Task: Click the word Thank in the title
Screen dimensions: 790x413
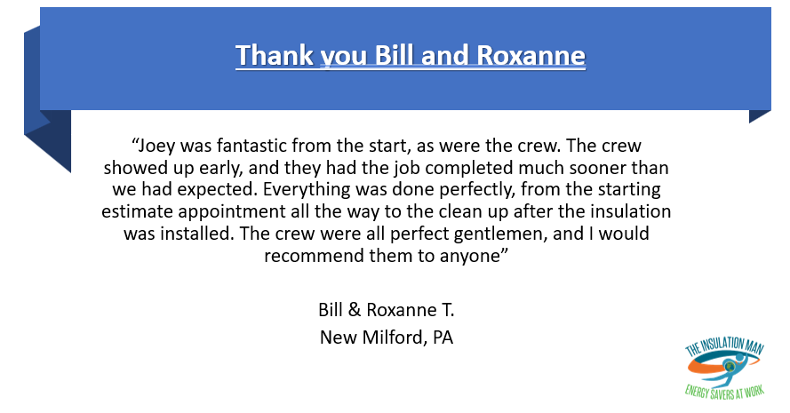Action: click(x=275, y=55)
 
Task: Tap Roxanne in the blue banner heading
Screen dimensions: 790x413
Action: click(x=531, y=55)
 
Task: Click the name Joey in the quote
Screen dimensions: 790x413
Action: click(x=156, y=146)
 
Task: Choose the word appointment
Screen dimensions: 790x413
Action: click(x=232, y=212)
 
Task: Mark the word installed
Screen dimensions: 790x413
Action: click(x=197, y=234)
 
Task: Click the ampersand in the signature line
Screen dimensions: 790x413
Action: click(x=355, y=310)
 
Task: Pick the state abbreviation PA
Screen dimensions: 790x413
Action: click(x=443, y=337)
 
